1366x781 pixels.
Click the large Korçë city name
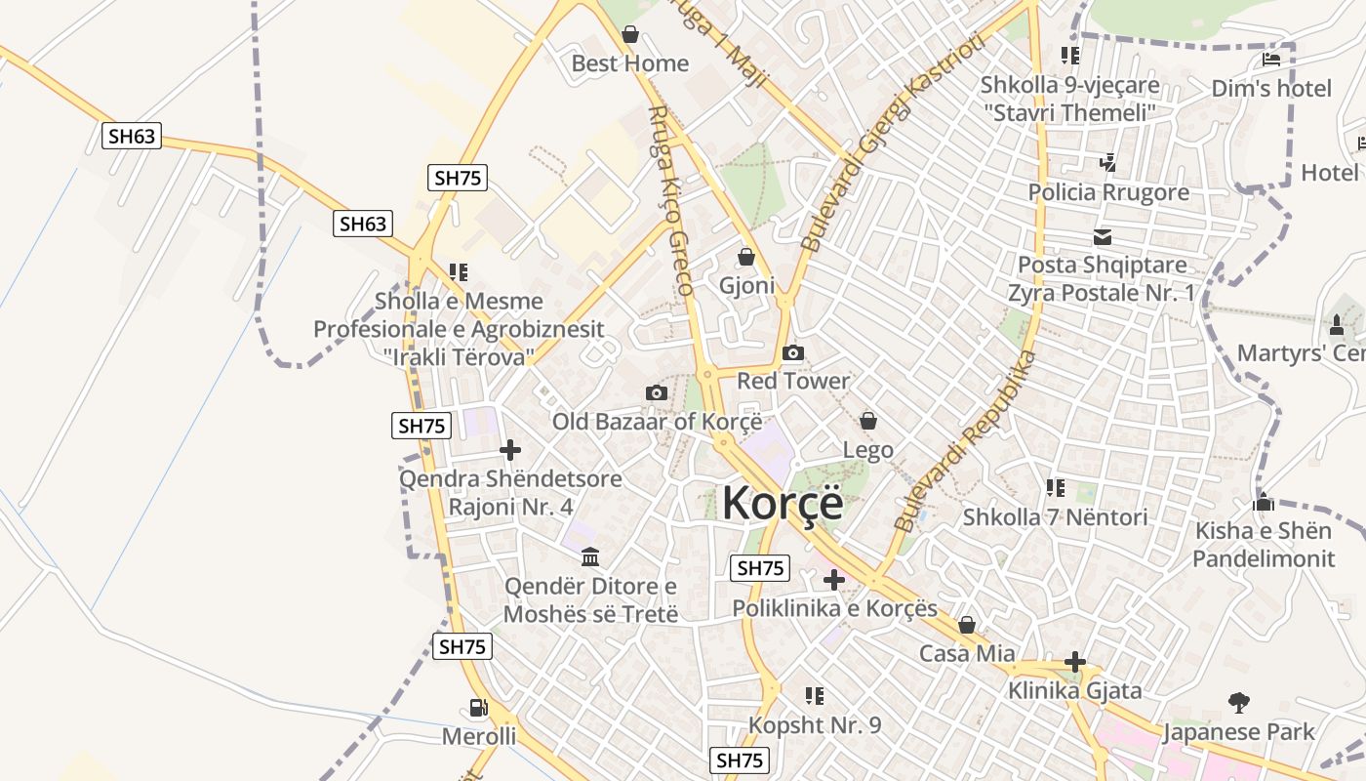(783, 503)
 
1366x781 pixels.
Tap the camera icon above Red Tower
(793, 352)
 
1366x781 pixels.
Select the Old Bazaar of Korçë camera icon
(657, 392)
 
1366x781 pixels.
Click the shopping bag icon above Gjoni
(746, 257)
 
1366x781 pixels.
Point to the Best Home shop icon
(630, 34)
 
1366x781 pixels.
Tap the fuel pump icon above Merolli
(478, 708)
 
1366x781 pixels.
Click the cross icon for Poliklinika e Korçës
(834, 580)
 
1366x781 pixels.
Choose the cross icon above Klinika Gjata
(1074, 662)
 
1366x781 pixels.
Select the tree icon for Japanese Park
(1239, 702)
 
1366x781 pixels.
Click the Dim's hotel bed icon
(1270, 59)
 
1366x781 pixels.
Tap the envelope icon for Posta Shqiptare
(1103, 236)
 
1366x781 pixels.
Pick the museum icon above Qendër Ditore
(590, 556)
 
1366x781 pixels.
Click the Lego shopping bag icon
(867, 421)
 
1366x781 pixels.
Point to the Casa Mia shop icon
(967, 625)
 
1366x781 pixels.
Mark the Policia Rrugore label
(1108, 192)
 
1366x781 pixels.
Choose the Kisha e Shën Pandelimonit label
(1263, 545)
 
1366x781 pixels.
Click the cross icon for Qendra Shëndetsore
(509, 450)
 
